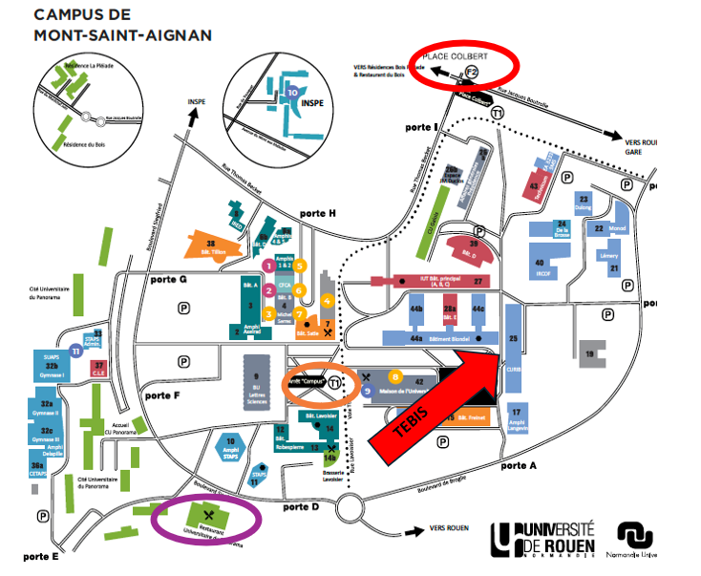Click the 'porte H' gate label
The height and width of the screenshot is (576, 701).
tap(317, 213)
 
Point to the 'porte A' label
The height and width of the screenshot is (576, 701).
tap(520, 465)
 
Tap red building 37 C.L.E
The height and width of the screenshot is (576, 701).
tap(98, 366)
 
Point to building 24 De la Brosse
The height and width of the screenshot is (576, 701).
tap(562, 231)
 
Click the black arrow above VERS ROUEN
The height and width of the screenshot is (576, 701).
tap(414, 525)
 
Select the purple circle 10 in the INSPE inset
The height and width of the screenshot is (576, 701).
tap(291, 94)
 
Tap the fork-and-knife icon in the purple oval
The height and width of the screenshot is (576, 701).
tap(207, 516)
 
